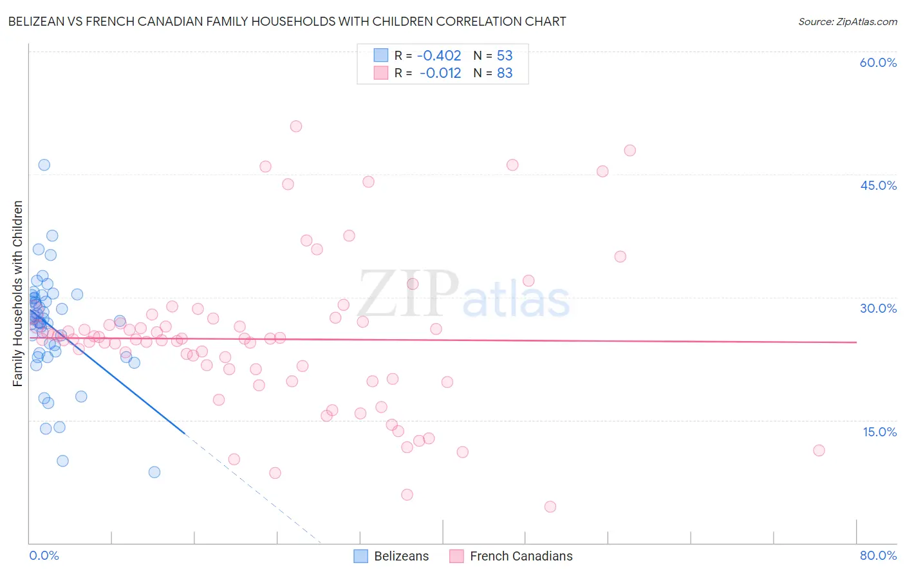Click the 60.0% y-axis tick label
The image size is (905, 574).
click(x=878, y=63)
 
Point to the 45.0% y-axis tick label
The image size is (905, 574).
click(x=878, y=185)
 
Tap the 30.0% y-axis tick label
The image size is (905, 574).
click(x=878, y=308)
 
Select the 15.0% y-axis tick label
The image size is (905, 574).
click(x=879, y=432)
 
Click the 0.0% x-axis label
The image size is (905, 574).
click(x=44, y=555)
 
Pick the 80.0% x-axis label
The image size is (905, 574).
click(x=878, y=555)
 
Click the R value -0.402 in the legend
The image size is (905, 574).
click(x=439, y=56)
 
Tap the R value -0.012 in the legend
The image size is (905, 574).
click(x=440, y=73)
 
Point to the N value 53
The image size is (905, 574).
click(x=505, y=56)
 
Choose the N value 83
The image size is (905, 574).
click(x=505, y=73)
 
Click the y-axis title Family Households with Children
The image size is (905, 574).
click(x=18, y=293)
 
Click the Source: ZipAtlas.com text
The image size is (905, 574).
click(x=847, y=22)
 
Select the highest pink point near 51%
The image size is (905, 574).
click(x=296, y=126)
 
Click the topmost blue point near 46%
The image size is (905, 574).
click(x=44, y=165)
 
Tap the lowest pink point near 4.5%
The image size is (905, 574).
click(x=550, y=506)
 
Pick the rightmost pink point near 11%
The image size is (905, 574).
click(x=819, y=450)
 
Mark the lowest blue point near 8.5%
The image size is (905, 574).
click(x=154, y=472)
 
